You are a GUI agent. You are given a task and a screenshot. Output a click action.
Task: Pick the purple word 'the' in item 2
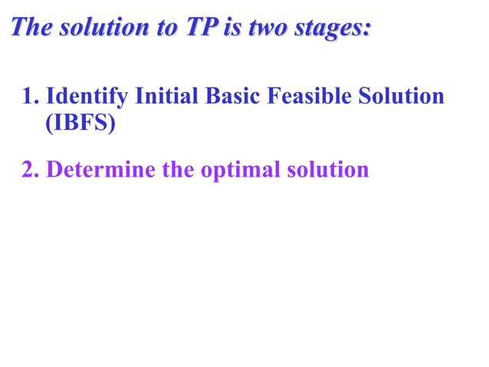(178, 169)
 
